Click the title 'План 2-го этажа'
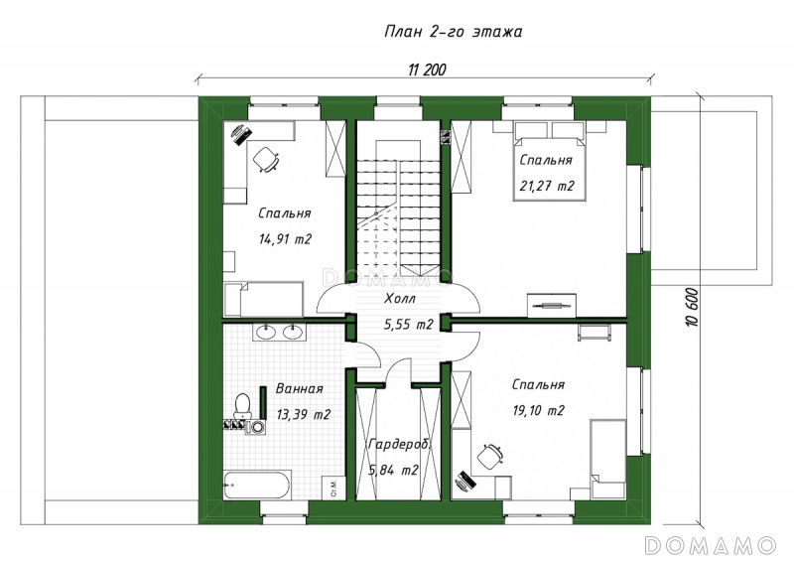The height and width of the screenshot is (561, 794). (x=454, y=32)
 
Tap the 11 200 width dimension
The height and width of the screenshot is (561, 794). (x=427, y=70)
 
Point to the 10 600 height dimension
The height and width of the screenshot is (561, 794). (x=693, y=307)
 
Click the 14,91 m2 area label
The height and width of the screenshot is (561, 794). (x=285, y=238)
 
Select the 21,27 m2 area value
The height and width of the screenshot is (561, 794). (x=547, y=186)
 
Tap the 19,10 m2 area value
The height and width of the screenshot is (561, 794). (x=538, y=410)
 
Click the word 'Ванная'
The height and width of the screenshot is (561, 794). (x=300, y=389)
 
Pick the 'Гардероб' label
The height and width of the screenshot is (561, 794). (x=399, y=445)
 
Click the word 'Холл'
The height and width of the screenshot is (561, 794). (x=400, y=299)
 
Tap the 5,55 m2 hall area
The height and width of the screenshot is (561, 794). (x=408, y=325)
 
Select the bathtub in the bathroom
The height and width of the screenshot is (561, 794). (x=257, y=485)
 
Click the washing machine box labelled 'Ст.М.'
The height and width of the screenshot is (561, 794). (x=332, y=488)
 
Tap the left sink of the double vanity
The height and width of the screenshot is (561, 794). (x=265, y=332)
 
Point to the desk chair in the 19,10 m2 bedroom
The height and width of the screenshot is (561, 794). (x=489, y=456)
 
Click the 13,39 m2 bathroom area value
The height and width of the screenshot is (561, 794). (x=304, y=414)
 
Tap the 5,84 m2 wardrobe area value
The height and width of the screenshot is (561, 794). (x=393, y=471)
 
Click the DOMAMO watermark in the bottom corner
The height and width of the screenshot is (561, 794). (x=711, y=545)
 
